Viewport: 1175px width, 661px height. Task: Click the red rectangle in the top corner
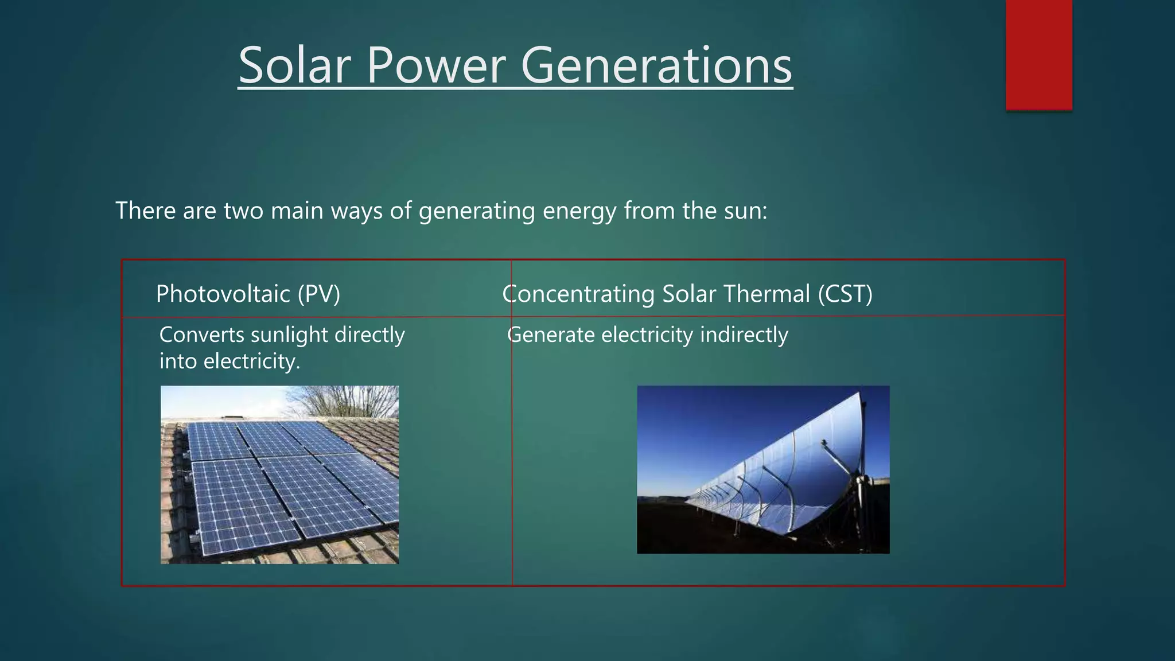(1038, 54)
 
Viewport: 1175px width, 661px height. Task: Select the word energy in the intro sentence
(579, 212)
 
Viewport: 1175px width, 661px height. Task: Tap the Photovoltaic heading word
(223, 294)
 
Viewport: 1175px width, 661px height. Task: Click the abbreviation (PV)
(319, 294)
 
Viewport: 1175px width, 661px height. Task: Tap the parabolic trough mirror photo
(763, 469)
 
